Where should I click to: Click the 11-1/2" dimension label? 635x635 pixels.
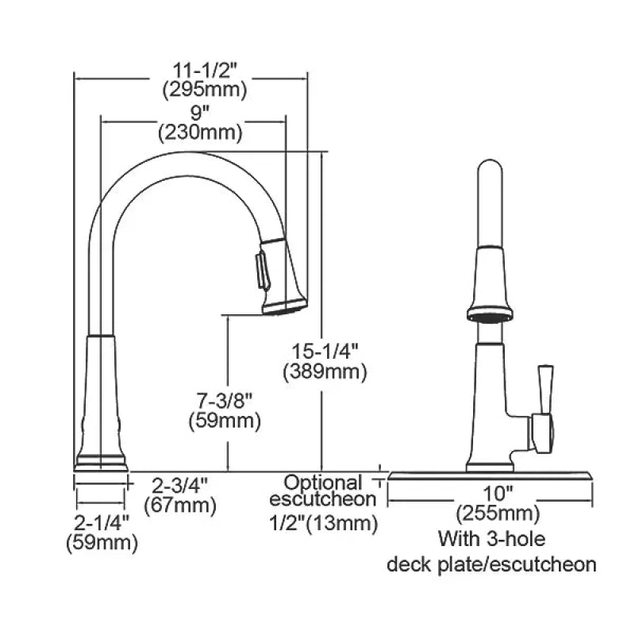pos(204,71)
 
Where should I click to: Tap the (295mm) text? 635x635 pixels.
pos(205,90)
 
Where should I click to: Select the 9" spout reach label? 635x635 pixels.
pos(196,113)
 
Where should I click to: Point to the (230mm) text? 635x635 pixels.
pos(201,133)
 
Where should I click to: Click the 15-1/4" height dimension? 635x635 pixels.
pos(325,351)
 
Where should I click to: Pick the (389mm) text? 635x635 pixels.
pos(325,371)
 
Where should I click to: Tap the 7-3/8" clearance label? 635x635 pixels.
pos(224,401)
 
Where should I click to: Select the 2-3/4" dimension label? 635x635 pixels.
pos(179,485)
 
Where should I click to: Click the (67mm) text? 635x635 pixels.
pos(180,505)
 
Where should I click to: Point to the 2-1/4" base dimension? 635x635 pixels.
pos(102,522)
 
